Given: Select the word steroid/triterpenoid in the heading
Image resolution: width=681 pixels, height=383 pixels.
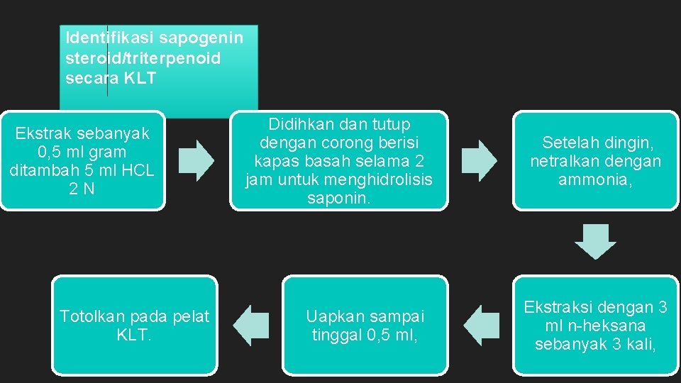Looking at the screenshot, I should [x=143, y=57].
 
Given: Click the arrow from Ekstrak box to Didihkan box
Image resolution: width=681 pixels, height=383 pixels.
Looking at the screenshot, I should [x=196, y=160].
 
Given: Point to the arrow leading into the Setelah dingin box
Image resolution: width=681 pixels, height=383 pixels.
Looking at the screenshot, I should [x=480, y=160].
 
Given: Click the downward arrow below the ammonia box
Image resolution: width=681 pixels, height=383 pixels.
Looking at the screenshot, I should [x=596, y=242].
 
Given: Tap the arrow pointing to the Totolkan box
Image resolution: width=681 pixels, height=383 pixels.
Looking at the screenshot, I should [x=251, y=325].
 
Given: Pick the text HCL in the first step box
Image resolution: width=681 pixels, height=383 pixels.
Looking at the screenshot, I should [x=138, y=170].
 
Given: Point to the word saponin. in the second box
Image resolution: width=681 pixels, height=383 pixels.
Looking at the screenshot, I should [x=339, y=199].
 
